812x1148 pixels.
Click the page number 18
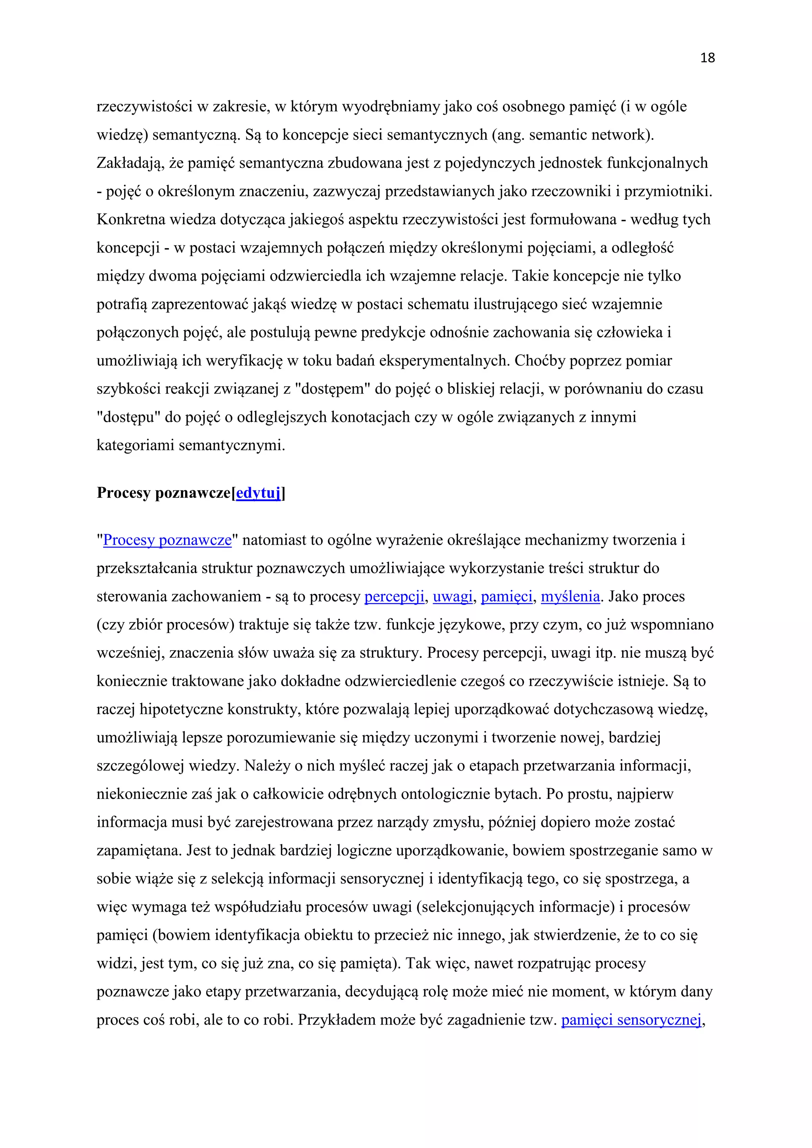(707, 58)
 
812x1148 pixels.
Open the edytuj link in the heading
(258, 493)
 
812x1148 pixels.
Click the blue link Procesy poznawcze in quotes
(167, 540)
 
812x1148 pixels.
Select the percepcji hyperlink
(394, 597)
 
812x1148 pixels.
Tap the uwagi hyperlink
(452, 597)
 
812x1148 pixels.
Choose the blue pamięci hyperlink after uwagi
(506, 597)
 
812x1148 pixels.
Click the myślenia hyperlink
(570, 597)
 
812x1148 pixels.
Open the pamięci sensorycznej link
(631, 1020)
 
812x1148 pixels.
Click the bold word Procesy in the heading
(124, 493)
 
